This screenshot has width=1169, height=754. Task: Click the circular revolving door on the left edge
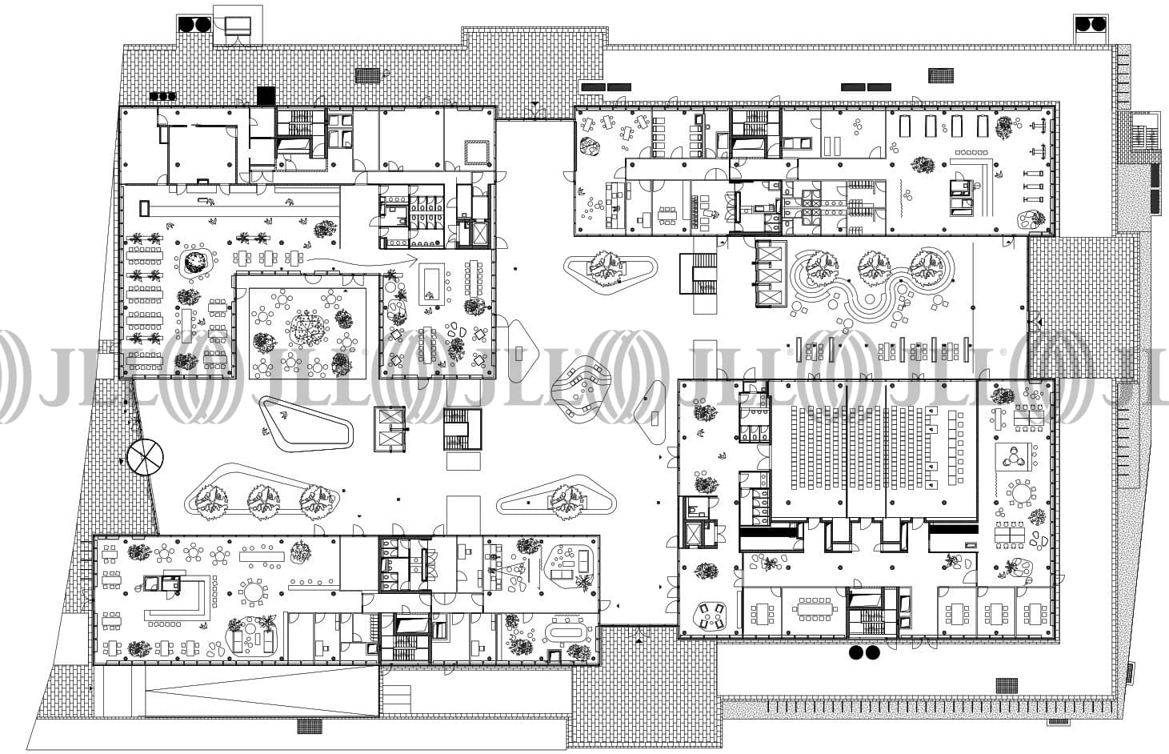coord(145,457)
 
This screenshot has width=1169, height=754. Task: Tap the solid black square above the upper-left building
coord(266,94)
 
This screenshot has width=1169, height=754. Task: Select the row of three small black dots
coord(162,96)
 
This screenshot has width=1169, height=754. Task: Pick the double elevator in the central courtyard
coord(390,429)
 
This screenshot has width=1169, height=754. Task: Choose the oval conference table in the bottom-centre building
coord(567,633)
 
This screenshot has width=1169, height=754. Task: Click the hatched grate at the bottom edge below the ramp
coord(308,726)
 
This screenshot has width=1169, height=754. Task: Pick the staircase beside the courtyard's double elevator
coord(463,429)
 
